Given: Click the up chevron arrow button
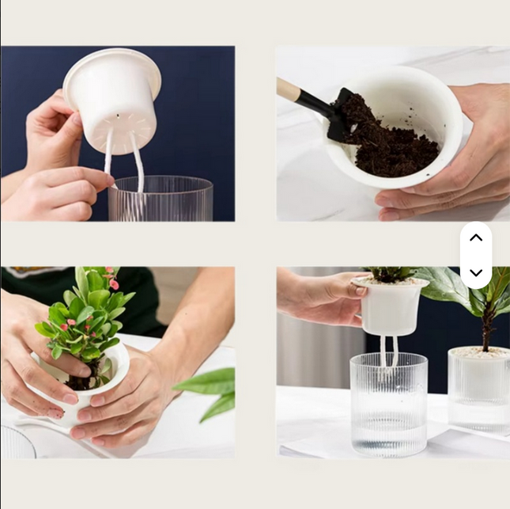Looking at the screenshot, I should pyautogui.click(x=476, y=237).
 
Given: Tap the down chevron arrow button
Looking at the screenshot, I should pyautogui.click(x=476, y=272).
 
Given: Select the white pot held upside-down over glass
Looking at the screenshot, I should pyautogui.click(x=114, y=99).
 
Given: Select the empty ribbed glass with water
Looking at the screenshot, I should pyautogui.click(x=388, y=404).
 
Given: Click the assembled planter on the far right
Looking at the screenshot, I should pyautogui.click(x=478, y=388).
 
